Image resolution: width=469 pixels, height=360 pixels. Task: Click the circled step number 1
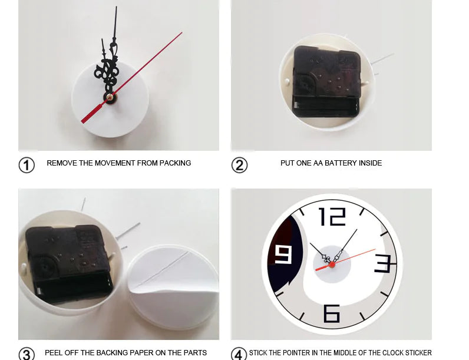(27, 165)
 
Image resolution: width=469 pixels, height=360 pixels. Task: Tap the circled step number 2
(239, 165)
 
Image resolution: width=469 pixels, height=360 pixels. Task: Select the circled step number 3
(27, 354)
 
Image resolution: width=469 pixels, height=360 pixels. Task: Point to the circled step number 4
(239, 354)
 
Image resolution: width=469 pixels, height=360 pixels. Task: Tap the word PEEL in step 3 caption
(54, 353)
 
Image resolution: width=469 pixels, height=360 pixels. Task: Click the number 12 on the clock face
(332, 217)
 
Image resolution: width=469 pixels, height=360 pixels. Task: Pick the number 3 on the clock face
(383, 263)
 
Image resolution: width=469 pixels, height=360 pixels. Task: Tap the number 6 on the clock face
(332, 313)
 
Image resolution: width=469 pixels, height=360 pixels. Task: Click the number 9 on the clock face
(283, 255)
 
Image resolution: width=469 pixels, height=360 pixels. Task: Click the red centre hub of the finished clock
(332, 265)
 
